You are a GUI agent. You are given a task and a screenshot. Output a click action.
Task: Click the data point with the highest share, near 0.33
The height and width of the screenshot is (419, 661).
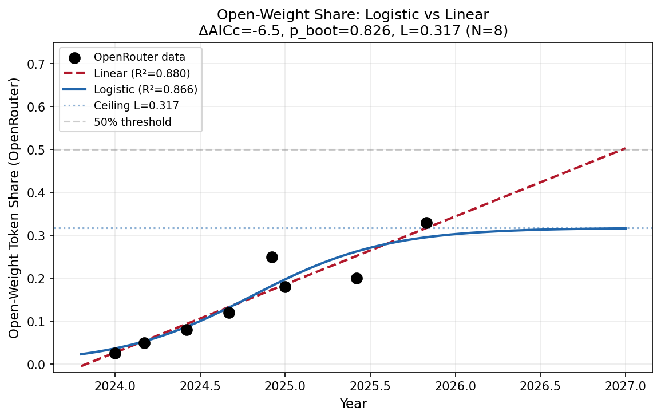(x=426, y=223)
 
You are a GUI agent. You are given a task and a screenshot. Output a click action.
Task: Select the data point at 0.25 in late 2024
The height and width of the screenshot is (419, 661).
(x=272, y=257)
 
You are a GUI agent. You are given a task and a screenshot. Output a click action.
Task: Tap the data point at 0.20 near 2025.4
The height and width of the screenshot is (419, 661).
(x=357, y=278)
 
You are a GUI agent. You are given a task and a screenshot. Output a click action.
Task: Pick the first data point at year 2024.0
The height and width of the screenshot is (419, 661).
(x=115, y=353)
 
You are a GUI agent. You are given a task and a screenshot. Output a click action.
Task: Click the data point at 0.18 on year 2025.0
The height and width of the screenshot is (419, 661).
(x=285, y=286)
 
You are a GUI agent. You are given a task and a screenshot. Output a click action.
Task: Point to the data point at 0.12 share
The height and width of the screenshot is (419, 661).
(x=229, y=313)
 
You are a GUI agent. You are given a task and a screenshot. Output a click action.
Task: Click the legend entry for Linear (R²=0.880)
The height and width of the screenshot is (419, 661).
(x=142, y=73)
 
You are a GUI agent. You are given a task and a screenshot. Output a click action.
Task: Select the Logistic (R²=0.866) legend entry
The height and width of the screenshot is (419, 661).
(x=145, y=89)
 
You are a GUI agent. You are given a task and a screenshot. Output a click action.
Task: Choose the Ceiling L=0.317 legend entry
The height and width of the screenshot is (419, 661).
(x=136, y=105)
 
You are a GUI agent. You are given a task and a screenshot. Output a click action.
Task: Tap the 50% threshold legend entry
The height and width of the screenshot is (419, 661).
(x=132, y=122)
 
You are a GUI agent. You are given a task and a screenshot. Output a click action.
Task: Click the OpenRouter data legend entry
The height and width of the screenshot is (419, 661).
(x=140, y=57)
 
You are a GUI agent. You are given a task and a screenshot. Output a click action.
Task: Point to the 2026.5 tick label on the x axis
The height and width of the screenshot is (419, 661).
(x=540, y=386)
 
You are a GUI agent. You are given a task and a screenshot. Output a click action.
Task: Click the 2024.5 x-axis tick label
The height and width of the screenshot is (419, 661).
(x=199, y=386)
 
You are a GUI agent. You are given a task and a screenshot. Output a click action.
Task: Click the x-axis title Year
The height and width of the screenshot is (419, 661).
(x=353, y=404)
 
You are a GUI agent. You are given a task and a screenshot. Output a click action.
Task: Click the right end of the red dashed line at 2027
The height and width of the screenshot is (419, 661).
(x=626, y=149)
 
